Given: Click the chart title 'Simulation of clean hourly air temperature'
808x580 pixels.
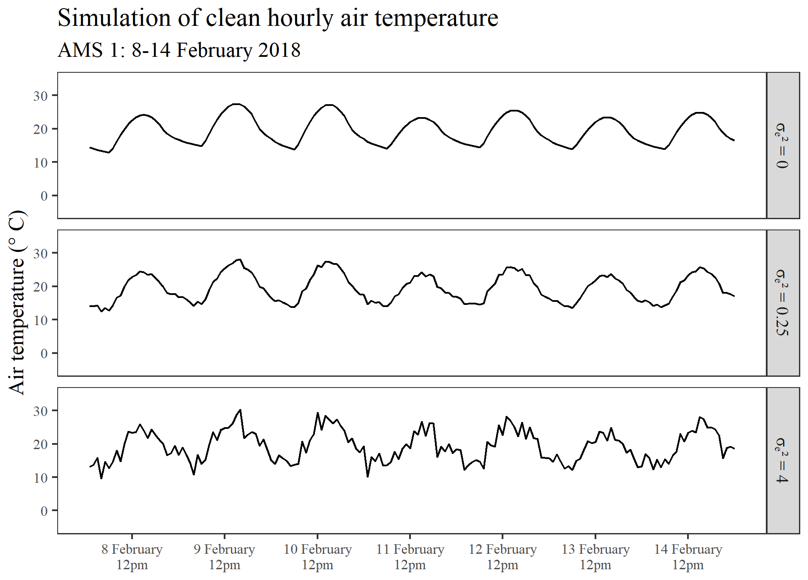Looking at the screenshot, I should coord(278,18).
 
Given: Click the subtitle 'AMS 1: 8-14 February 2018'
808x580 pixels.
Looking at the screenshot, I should coord(179,50).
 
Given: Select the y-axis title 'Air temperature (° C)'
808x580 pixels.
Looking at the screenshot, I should coord(17,303).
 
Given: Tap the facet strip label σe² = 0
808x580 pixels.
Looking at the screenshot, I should coord(782,146).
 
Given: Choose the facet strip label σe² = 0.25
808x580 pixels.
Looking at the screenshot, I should coord(782,303).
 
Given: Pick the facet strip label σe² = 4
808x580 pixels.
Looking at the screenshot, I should coord(782,460).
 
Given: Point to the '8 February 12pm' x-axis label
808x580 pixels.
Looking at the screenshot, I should coord(132,557).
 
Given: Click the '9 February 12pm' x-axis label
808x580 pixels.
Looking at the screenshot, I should coord(225,557).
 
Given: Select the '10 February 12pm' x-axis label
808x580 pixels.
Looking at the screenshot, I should coord(318,557).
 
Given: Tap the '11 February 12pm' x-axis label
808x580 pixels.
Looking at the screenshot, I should coord(410,557).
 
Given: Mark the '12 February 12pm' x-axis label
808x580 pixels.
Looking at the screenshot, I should coord(503,557).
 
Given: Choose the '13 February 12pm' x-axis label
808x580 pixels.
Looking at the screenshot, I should coord(595,557).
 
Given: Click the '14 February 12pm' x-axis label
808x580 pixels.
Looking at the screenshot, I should coord(688,557).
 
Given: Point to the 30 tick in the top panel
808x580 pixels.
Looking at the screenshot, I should coord(40,96).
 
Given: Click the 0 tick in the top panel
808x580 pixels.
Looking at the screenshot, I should coord(44,196).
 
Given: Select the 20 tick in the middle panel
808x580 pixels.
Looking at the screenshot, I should coord(40,286).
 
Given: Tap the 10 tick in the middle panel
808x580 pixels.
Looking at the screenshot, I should coord(40,320).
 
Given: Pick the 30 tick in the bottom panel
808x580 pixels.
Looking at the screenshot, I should coord(40,411).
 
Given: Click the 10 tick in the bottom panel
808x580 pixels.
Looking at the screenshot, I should coord(40,478).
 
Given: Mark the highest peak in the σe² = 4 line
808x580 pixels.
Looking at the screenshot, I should coord(240,410).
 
